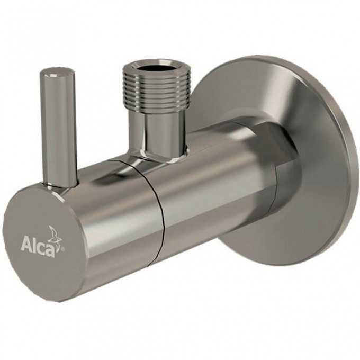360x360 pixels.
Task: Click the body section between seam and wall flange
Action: [212, 196]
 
